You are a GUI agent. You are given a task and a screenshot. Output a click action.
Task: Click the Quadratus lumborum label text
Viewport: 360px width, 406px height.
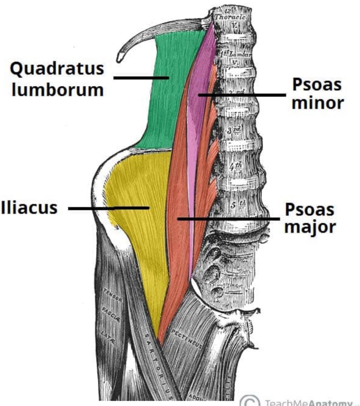coord(57,79)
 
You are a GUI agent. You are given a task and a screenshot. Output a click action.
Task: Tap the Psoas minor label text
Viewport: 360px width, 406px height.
coord(317,94)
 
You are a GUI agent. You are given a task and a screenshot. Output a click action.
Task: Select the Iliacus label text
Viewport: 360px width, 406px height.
coord(29,208)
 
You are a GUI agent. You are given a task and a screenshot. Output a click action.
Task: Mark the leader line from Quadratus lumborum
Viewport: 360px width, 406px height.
coord(140,78)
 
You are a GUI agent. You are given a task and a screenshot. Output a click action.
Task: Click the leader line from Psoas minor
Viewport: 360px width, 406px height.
coord(243,95)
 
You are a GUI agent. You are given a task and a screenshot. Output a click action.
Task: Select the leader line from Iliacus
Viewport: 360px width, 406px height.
coord(108,208)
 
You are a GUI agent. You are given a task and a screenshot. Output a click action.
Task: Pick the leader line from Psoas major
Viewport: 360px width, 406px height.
coord(229,219)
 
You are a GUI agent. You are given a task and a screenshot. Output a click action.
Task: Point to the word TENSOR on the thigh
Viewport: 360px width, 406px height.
coord(113,295)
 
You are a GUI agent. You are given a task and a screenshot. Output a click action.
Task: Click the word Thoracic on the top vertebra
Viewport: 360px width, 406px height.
coord(230,17)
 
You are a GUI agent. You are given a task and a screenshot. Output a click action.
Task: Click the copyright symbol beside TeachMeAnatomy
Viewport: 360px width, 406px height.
coord(250,402)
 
